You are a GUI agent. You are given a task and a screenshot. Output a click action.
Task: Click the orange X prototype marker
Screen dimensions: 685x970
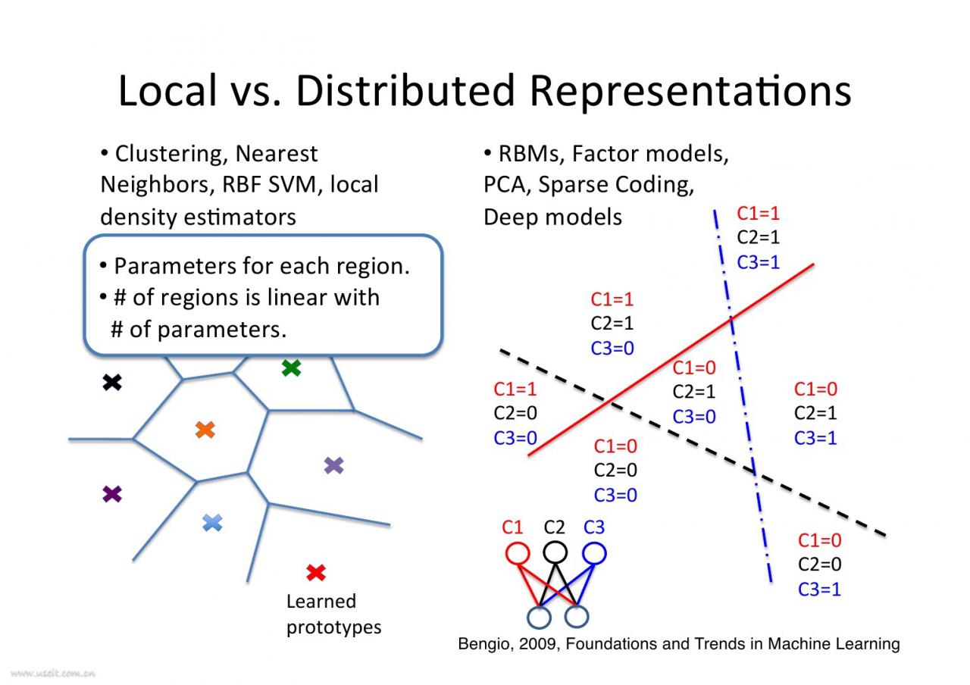click(205, 430)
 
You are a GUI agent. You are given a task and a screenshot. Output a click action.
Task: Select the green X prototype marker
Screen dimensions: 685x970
click(291, 368)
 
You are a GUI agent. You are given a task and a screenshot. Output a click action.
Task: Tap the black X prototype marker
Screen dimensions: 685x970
click(112, 383)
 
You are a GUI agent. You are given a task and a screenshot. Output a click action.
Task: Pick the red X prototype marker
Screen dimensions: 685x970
click(316, 573)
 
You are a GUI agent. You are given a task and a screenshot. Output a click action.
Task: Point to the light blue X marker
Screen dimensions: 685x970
click(213, 522)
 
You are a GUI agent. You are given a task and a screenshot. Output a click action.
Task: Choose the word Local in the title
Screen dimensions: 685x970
click(167, 91)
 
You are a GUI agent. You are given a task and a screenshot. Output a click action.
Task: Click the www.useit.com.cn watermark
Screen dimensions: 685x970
click(53, 672)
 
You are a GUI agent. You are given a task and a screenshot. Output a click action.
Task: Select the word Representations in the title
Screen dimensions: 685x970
click(690, 91)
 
